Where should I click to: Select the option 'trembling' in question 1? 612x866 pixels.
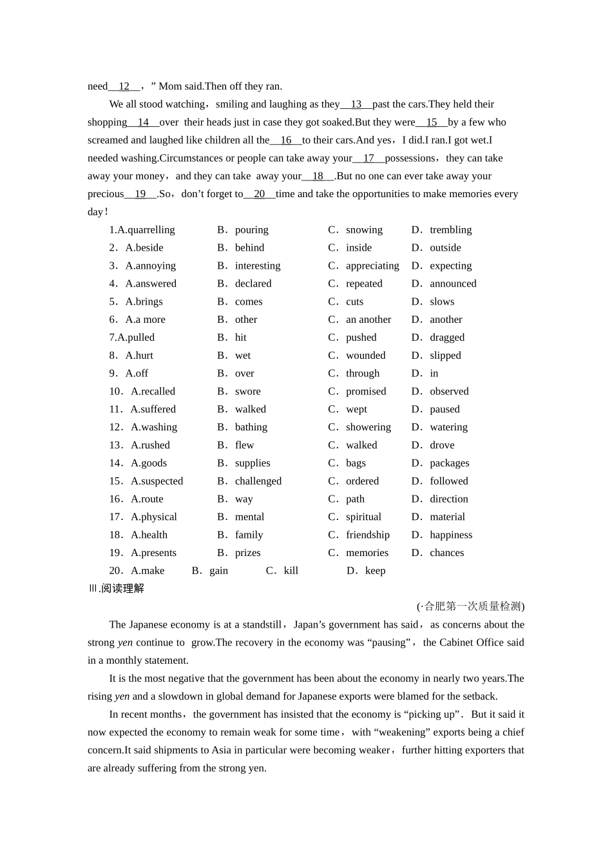point(450,230)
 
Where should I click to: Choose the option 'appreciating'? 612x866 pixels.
point(372,266)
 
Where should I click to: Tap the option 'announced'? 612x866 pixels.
point(453,284)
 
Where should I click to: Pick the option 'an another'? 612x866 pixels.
point(368,320)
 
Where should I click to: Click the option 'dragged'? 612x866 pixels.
point(447,338)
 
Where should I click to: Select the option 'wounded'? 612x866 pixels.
point(365,356)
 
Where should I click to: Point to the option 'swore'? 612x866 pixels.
point(247,392)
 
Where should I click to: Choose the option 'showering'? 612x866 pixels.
point(368,427)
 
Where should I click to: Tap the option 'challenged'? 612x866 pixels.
point(258,481)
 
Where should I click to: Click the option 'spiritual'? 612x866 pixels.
point(363,517)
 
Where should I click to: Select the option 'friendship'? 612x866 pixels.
point(367,535)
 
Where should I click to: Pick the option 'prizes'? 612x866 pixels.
point(247,553)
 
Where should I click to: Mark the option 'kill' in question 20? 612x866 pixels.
point(291,571)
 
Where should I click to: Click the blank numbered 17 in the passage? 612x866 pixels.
point(368,159)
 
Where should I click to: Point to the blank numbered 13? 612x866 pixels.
point(356,104)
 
